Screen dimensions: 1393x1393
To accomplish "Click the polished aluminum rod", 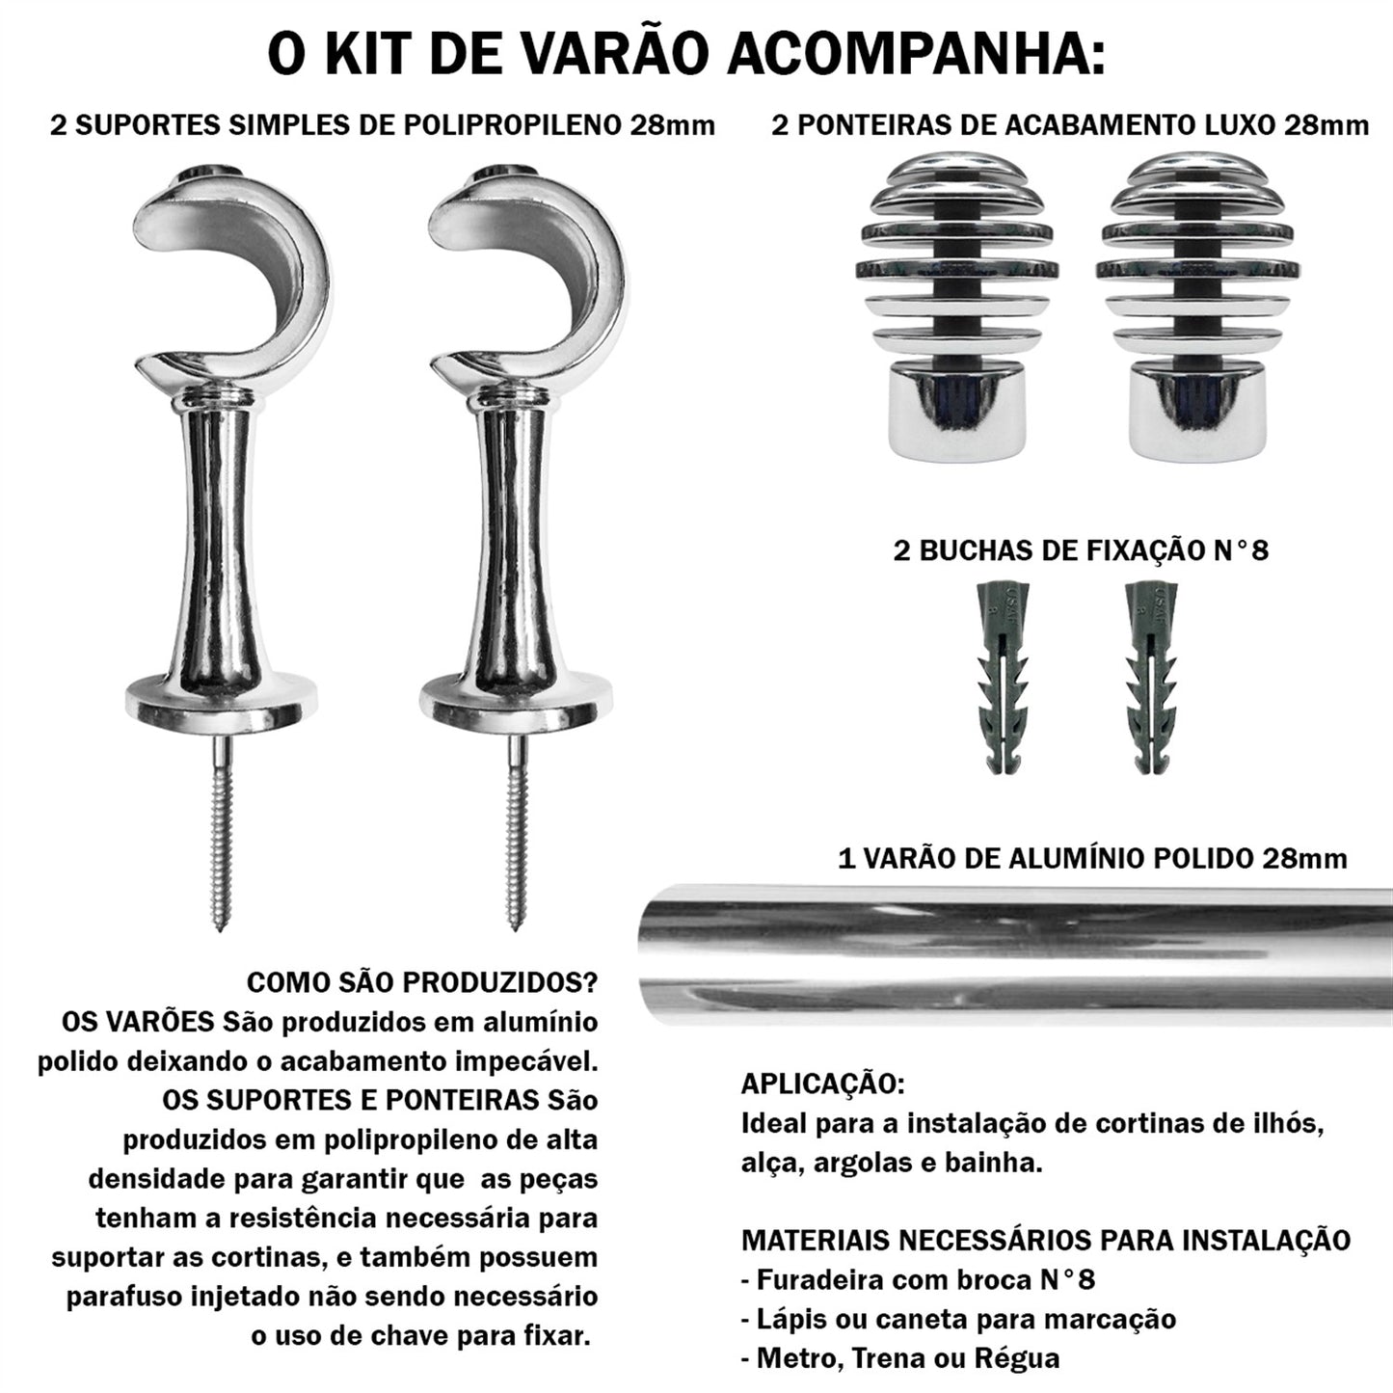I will click(x=1012, y=950).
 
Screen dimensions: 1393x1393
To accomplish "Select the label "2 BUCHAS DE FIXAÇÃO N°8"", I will click(x=1081, y=550).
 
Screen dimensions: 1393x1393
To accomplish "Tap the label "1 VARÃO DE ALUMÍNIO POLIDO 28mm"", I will click(x=1092, y=858).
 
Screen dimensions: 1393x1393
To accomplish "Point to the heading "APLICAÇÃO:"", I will click(x=822, y=1084).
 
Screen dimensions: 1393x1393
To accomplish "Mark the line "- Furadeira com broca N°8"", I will click(x=918, y=1279).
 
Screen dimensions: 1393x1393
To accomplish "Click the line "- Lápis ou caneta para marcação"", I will click(x=958, y=1319).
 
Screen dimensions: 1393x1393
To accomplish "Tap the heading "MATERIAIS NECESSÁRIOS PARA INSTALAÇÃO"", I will click(x=1045, y=1240).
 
